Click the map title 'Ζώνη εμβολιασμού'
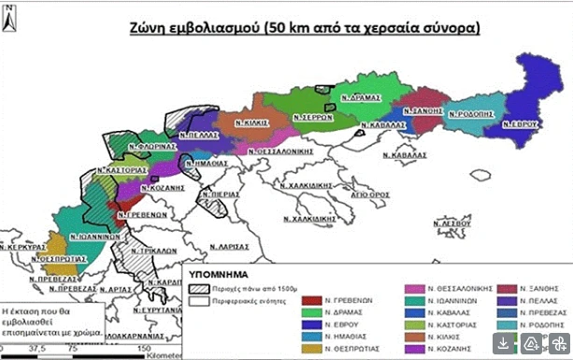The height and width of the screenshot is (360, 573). click(x=192, y=28)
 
